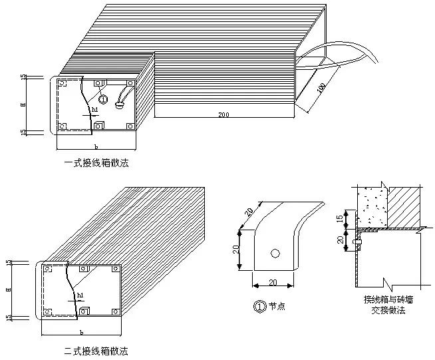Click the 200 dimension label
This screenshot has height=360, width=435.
point(223,115)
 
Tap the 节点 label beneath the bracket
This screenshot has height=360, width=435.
point(275,307)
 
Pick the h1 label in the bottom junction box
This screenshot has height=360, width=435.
point(80,294)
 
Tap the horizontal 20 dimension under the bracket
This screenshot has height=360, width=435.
point(273,282)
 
